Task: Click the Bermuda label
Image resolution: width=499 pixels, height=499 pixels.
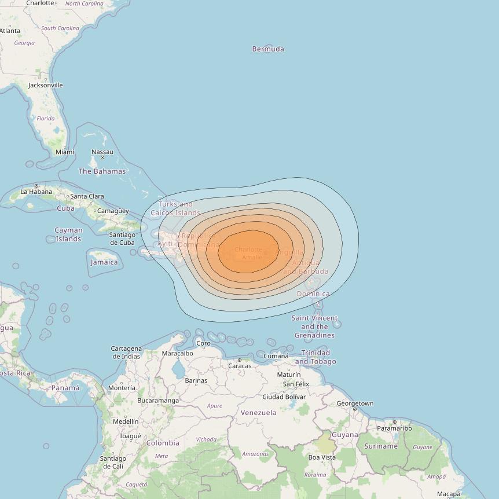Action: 268,49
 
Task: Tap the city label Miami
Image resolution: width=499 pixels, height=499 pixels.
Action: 65,152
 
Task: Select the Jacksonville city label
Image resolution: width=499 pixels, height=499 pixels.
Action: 45,85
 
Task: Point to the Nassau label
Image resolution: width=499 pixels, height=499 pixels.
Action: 102,152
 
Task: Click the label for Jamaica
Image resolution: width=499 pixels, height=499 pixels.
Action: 104,262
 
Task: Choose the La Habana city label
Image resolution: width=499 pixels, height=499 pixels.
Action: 36,192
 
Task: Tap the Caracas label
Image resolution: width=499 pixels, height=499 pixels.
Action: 240,366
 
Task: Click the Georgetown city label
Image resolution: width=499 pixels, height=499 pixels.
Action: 355,403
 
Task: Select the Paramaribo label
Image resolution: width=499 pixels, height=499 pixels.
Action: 394,428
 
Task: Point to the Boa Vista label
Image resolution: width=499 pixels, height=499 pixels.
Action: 322,457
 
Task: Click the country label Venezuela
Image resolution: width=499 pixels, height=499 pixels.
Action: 258,413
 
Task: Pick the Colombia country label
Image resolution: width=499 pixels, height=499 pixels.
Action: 163,443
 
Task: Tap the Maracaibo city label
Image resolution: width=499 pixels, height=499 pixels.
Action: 178,353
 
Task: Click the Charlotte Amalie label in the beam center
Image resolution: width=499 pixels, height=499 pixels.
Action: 248,254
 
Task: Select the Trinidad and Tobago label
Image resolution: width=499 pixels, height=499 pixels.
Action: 315,357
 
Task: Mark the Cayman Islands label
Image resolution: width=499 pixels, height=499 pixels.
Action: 68,234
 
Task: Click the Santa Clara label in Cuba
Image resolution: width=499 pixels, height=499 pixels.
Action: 87,196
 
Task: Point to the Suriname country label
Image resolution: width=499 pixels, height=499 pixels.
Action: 381,446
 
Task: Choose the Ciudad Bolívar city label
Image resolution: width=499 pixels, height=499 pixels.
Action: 284,397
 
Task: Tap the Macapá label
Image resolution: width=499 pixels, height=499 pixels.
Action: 449,494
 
